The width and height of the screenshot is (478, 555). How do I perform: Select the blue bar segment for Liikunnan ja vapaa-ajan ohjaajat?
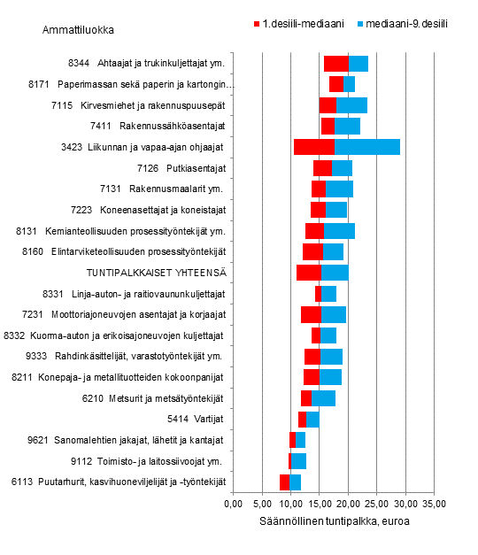tap(366, 147)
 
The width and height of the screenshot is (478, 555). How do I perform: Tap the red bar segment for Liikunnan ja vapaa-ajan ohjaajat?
tap(313, 147)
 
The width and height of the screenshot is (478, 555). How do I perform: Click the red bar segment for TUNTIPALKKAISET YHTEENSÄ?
tap(309, 273)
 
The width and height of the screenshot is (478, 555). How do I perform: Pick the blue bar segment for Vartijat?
tap(312, 419)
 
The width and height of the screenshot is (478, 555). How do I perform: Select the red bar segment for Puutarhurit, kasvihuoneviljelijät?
tap(285, 482)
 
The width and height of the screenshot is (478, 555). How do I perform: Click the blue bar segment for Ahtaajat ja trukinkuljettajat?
tap(358, 63)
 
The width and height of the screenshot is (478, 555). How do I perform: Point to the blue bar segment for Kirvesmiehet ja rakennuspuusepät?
tap(351, 105)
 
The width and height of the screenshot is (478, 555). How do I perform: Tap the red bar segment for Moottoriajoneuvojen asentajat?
tap(311, 314)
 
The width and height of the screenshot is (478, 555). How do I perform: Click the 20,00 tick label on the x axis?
tap(348, 504)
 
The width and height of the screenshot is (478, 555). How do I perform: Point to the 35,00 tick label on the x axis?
tap(434, 504)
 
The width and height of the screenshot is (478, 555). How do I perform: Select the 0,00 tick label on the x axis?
tap(234, 504)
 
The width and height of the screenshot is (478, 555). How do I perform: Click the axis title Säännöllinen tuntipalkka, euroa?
tap(334, 521)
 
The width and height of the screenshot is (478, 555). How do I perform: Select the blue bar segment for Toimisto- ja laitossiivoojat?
tap(299, 461)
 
